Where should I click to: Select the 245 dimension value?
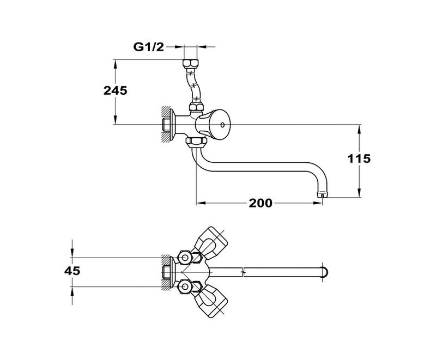115,91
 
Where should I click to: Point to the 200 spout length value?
261,203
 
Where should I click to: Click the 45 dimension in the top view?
72,271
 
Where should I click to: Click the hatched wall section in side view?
165,125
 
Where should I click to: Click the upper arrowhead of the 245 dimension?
115,63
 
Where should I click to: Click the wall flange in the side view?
172,125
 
